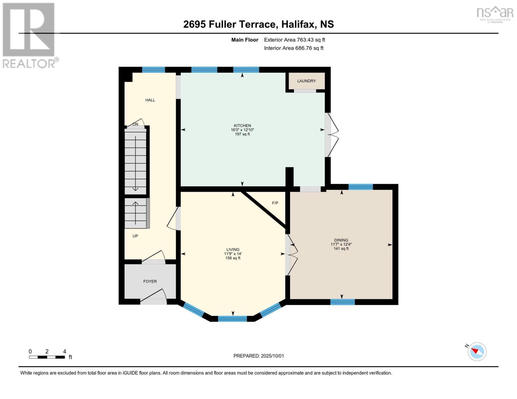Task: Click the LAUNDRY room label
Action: click(x=306, y=81)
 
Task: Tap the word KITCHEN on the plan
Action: click(x=242, y=125)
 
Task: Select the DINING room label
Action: click(x=341, y=240)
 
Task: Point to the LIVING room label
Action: click(x=233, y=249)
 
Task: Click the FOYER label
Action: click(x=150, y=281)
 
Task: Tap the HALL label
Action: click(x=150, y=100)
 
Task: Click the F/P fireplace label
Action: click(x=275, y=203)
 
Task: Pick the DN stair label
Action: click(x=135, y=124)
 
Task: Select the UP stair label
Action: click(x=135, y=236)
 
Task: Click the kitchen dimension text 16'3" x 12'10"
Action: click(x=242, y=130)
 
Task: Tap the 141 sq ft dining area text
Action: click(x=341, y=249)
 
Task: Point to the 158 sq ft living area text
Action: click(x=233, y=258)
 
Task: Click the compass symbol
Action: click(x=477, y=351)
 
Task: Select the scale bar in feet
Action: click(x=47, y=357)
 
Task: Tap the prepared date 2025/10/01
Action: click(x=272, y=356)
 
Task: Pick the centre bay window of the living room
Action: click(x=232, y=319)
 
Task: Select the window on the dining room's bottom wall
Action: click(x=342, y=302)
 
